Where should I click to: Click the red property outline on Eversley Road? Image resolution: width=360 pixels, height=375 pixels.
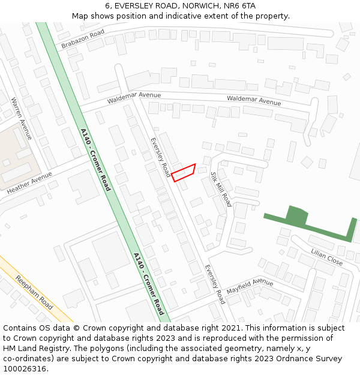[x=184, y=172]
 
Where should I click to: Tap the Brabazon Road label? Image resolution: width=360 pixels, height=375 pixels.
[x=83, y=38]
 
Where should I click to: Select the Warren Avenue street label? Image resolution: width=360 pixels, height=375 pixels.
[x=22, y=119]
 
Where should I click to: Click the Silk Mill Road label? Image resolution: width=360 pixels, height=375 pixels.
[x=220, y=189]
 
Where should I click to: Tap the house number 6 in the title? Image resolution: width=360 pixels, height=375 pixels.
[x=107, y=6]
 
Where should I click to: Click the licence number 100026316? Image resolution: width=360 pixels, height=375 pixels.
[x=23, y=368]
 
